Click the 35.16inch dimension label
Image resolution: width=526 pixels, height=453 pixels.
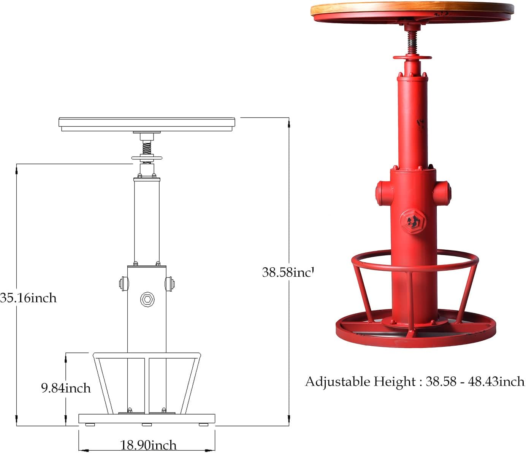[x=29, y=297]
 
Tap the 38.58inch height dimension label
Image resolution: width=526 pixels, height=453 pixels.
[x=288, y=272]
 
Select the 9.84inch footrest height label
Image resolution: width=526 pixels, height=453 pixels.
[x=66, y=388]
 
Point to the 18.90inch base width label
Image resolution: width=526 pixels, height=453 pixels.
[x=148, y=445]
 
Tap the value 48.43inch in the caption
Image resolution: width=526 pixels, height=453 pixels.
[x=496, y=381]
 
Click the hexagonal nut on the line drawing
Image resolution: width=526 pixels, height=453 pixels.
[x=147, y=299]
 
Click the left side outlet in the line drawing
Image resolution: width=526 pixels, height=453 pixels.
[x=123, y=284]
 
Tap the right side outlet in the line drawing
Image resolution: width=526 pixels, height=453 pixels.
[x=170, y=284]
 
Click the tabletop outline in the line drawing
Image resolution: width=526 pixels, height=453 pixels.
[x=147, y=123]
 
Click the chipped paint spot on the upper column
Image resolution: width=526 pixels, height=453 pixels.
[x=421, y=124]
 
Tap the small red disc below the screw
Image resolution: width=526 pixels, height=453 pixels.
[x=412, y=58]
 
